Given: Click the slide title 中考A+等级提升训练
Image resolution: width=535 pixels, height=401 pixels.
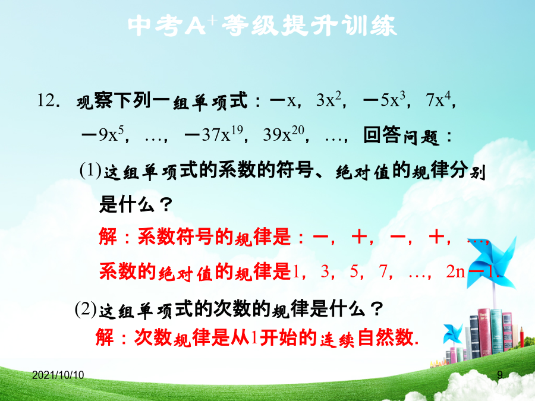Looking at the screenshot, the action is point(262,26).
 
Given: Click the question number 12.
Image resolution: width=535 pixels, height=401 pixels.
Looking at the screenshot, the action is point(49,100).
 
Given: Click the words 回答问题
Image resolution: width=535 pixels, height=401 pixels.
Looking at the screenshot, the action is point(401,135).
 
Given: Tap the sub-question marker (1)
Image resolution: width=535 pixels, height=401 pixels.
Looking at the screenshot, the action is point(90,170).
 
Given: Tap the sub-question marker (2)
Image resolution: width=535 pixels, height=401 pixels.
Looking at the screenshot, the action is point(86,309).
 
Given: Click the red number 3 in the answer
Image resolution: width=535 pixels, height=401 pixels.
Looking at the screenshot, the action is point(325,271).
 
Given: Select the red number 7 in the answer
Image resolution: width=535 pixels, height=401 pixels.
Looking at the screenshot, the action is point(383,271).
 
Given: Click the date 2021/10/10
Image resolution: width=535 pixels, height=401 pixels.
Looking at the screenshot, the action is point(58,375).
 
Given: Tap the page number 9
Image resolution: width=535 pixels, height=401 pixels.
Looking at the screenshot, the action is point(500,375).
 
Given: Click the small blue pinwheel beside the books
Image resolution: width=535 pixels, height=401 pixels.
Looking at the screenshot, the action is point(452,333).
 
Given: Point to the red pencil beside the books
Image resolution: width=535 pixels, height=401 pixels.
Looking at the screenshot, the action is point(522,337).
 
